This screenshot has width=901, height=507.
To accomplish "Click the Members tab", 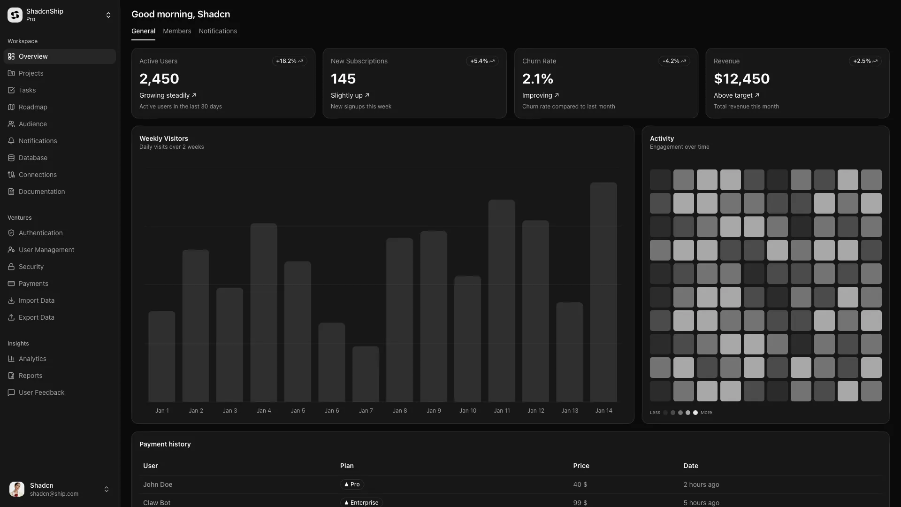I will click(177, 31).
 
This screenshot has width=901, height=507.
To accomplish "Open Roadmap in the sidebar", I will click(33, 107).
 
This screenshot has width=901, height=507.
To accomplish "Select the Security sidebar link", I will click(31, 267).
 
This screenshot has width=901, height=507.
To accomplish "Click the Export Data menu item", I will click(36, 317).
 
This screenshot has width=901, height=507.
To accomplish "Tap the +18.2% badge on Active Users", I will click(289, 61).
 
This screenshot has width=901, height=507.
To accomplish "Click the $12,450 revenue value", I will click(741, 79).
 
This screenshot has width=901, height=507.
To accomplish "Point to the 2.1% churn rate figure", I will click(537, 79).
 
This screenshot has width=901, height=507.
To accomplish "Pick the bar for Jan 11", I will click(502, 300).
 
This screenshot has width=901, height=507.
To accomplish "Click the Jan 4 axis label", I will click(264, 411).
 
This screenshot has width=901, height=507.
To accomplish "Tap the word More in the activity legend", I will click(706, 413).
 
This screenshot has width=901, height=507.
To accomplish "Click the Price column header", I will click(581, 466).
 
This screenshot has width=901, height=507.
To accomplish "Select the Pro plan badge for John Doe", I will click(352, 484).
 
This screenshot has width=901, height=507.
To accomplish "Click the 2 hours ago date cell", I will click(701, 484).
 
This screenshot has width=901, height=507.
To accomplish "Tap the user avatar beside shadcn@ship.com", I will click(17, 489).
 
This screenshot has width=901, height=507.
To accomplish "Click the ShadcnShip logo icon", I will click(15, 15).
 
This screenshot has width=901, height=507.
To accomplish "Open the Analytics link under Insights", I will click(32, 359).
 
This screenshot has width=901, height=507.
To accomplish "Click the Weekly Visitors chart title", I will click(164, 138).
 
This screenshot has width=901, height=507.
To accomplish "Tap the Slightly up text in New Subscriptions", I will click(346, 95).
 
